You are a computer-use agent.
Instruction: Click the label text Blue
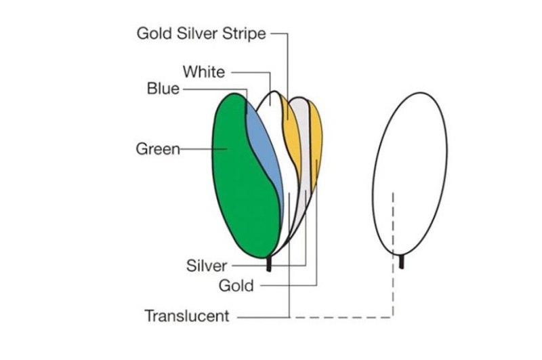pos(163,89)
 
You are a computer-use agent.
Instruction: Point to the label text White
pos(203,72)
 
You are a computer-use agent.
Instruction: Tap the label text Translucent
pos(187,316)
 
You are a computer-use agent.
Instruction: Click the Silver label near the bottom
pos(207,266)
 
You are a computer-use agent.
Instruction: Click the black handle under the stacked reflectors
pos(269,264)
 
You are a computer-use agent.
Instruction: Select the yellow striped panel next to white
pos(290,129)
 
